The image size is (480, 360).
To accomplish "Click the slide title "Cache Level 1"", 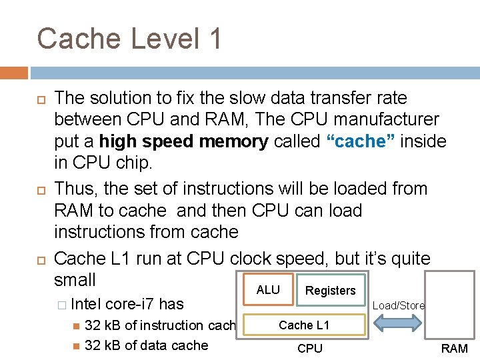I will pyautogui.click(x=129, y=39).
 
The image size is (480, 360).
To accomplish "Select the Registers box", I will pyautogui.click(x=330, y=290).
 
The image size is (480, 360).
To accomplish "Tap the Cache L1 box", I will pyautogui.click(x=304, y=325).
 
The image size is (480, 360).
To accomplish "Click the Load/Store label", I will pyautogui.click(x=398, y=305).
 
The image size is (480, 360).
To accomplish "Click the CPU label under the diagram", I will pyautogui.click(x=309, y=348).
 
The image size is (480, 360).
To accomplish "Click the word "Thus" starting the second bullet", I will pyautogui.click(x=73, y=189).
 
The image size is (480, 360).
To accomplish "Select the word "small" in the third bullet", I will pyautogui.click(x=75, y=280).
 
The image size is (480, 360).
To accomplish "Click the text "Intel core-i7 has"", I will pyautogui.click(x=127, y=304).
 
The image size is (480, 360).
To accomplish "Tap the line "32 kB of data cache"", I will pyautogui.click(x=147, y=345).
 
